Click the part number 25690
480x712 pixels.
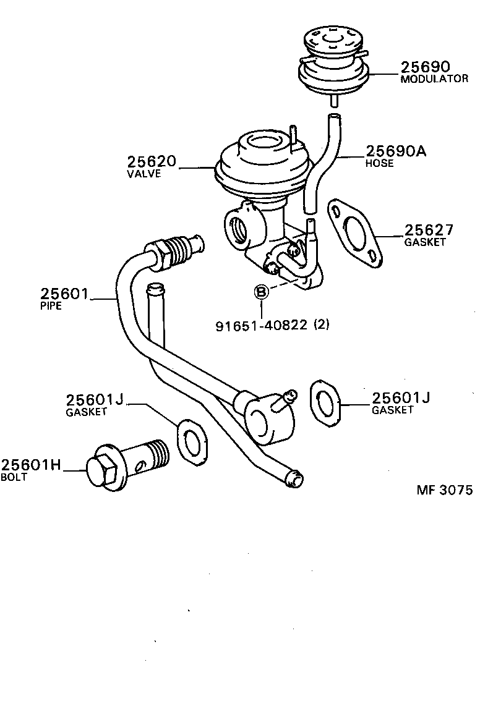[x=425, y=67]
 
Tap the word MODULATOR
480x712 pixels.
[x=434, y=79]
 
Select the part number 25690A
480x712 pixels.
[x=396, y=151]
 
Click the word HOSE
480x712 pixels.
[x=379, y=164]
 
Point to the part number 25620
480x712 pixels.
[x=152, y=162]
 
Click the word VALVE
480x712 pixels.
[x=144, y=174]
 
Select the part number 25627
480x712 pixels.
[x=429, y=230]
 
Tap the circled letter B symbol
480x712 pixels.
[x=262, y=292]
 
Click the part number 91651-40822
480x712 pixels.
[x=261, y=325]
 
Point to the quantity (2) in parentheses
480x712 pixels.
[x=322, y=325]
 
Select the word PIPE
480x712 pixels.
[x=51, y=306]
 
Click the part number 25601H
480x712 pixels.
[x=31, y=465]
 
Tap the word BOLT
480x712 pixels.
[x=14, y=478]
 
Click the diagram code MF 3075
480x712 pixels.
[x=444, y=490]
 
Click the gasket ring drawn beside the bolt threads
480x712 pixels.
[x=190, y=441]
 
